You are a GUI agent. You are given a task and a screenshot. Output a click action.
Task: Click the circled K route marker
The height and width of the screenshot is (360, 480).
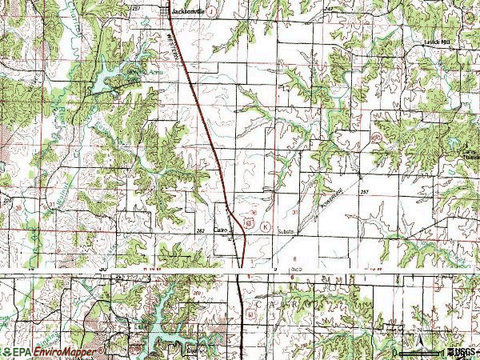tap(265, 226)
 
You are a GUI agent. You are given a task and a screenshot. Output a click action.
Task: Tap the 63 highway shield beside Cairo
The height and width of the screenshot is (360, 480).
tap(249, 222)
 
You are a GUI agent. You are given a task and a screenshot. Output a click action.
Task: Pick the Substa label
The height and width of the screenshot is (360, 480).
tap(286, 231)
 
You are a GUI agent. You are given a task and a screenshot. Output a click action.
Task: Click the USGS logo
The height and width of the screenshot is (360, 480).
tap(462, 352)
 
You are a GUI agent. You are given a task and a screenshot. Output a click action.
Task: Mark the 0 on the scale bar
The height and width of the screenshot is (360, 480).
tap(398, 353)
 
